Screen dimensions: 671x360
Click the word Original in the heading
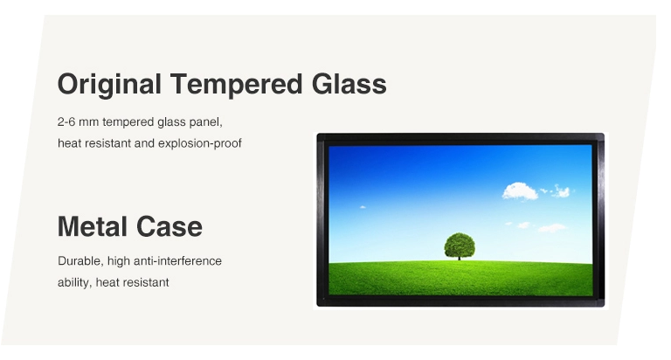(109, 85)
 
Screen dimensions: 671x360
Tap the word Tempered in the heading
(236, 85)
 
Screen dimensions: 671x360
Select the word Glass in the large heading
(349, 84)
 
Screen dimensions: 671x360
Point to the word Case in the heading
(169, 227)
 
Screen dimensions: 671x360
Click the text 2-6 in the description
(66, 122)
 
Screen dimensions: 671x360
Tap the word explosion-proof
(200, 143)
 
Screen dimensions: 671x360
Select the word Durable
(80, 261)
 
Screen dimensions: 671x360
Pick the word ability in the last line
(75, 283)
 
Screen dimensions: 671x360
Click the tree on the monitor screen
(460, 246)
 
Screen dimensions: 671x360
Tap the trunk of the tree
(460, 257)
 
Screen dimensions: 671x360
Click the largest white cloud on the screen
(520, 190)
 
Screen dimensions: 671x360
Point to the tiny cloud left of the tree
(363, 207)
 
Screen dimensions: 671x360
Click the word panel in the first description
(209, 122)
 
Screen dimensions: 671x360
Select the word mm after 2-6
(88, 122)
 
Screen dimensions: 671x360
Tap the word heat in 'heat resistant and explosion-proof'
(69, 143)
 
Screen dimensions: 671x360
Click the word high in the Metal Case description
(119, 261)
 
